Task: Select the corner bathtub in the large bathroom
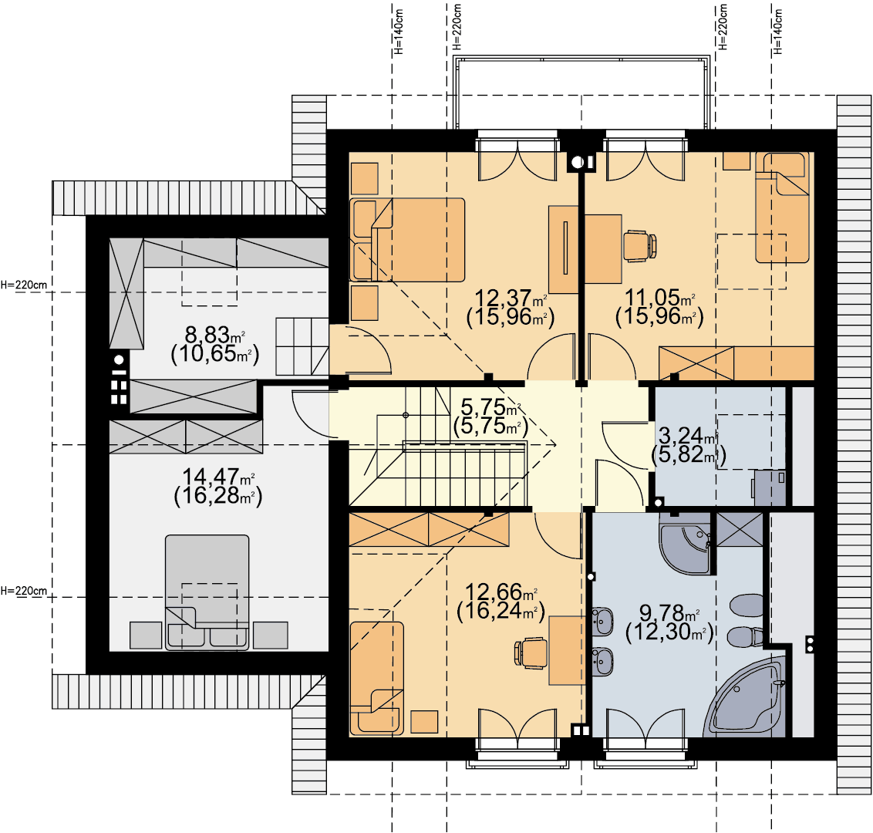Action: [x=746, y=697]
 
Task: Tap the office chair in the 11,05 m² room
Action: [x=640, y=246]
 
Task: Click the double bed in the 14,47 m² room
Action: [x=207, y=592]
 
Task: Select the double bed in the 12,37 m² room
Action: [x=407, y=240]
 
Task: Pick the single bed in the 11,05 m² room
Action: [x=782, y=207]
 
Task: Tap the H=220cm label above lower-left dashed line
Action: [x=24, y=590]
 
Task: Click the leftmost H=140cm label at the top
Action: [x=398, y=31]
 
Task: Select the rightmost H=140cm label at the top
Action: [x=778, y=31]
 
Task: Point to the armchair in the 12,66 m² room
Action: [x=377, y=678]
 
